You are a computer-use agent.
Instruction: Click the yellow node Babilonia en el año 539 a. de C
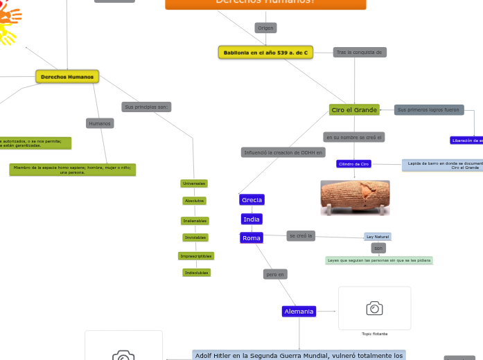pos(265,53)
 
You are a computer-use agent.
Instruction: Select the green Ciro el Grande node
pos(354,109)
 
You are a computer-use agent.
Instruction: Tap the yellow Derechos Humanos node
pos(67,76)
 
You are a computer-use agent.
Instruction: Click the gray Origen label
pos(265,28)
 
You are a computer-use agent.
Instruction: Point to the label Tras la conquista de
pos(359,52)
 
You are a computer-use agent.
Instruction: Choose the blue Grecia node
pos(252,200)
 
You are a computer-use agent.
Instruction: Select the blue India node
pos(252,219)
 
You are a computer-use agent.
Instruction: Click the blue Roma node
pos(252,237)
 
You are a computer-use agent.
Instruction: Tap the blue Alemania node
pos(299,312)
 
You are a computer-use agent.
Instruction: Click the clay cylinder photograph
pos(355,197)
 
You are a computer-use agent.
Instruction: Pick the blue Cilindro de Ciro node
pos(354,164)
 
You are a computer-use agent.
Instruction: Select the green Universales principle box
pos(194,183)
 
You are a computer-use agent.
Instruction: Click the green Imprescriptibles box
pos(196,256)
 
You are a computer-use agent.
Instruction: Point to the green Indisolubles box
pos(197,273)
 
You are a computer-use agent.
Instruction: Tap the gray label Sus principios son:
pos(146,107)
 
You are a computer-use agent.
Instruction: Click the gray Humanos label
pos(100,123)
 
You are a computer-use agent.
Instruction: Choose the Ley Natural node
pos(378,237)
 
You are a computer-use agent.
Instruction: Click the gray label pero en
pos(275,274)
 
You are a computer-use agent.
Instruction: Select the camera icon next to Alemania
pos(374,308)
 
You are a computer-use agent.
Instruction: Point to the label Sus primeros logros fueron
pos(428,109)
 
